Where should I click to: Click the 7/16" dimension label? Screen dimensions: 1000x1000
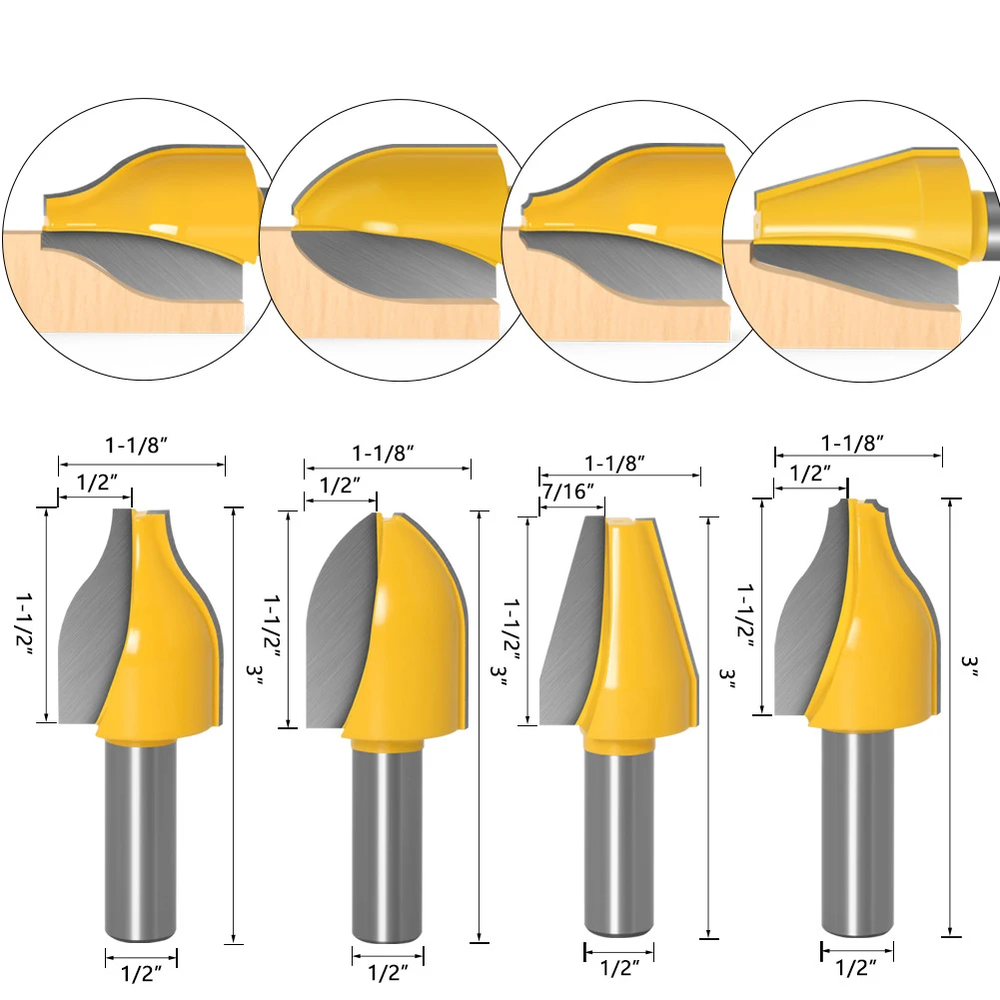point(568,492)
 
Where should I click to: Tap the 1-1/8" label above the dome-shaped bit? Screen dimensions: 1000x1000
point(384,453)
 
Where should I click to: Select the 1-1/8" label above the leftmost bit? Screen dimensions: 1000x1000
point(137,445)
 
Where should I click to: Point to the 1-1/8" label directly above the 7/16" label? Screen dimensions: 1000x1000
point(614,463)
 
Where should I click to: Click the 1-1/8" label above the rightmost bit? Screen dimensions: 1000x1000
point(852,443)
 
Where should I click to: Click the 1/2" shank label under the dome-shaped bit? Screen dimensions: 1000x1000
point(388,973)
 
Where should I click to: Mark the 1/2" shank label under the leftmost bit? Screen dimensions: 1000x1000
point(141,973)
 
